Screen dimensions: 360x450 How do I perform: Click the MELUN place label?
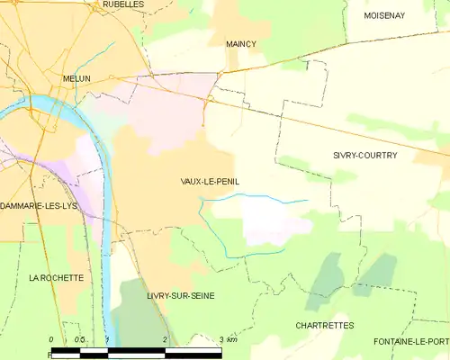pyautogui.click(x=76, y=79)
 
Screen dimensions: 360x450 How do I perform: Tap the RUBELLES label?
pyautogui.click(x=122, y=4)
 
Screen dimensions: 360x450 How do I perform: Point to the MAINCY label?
pyautogui.click(x=241, y=43)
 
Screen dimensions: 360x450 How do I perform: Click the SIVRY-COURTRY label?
pyautogui.click(x=364, y=156)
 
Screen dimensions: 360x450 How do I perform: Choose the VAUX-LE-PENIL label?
pyautogui.click(x=210, y=181)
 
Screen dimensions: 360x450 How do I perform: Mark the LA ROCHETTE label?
pyautogui.click(x=56, y=278)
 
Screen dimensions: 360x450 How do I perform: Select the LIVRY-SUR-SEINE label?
pyautogui.click(x=181, y=295)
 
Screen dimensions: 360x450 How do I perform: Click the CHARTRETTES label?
pyautogui.click(x=325, y=325)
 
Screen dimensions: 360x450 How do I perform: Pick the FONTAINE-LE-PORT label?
pyautogui.click(x=413, y=342)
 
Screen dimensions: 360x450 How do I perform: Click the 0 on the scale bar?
pyautogui.click(x=52, y=339)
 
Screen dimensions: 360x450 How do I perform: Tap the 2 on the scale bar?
pyautogui.click(x=166, y=339)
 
